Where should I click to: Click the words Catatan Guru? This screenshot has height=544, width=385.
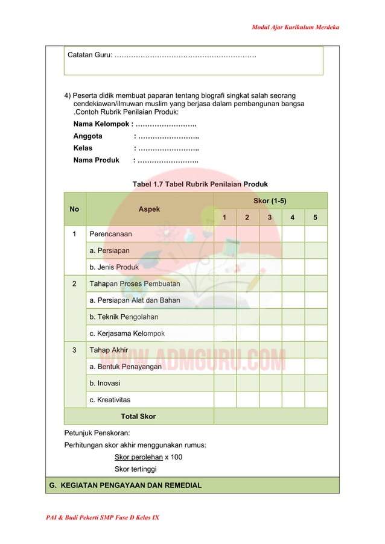[x=89, y=55]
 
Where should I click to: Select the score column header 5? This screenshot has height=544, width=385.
[x=316, y=218]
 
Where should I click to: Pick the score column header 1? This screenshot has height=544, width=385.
[x=225, y=218]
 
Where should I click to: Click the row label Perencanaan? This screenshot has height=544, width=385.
[x=110, y=233]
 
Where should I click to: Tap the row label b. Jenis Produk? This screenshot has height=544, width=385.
[x=113, y=267]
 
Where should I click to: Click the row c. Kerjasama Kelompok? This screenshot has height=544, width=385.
[x=127, y=334]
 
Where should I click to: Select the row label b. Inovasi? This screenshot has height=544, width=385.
[x=104, y=383]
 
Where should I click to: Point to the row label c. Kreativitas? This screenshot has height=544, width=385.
[x=109, y=400]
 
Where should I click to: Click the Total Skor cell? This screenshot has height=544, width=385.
[x=138, y=416]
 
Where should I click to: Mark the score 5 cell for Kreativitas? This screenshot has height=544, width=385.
[x=316, y=400]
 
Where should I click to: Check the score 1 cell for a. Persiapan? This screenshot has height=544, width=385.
[x=225, y=250]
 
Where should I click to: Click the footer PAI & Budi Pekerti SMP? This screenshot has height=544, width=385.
[x=102, y=518]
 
